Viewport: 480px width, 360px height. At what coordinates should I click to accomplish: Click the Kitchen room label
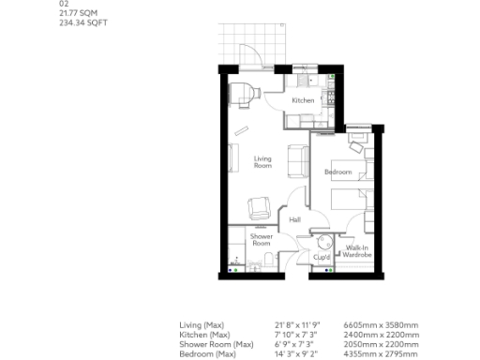tap(302, 99)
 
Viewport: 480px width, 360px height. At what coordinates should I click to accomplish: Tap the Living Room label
tap(262, 161)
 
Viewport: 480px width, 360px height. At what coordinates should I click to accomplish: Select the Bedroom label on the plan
tap(337, 172)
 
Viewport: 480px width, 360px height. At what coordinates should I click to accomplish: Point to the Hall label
tap(294, 219)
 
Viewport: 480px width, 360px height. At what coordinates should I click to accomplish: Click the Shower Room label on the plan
tap(261, 240)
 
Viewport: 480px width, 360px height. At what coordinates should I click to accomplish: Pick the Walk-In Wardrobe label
tap(357, 251)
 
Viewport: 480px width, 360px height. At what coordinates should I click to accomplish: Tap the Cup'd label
tap(322, 256)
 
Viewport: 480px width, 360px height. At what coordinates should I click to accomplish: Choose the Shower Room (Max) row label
tap(216, 342)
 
